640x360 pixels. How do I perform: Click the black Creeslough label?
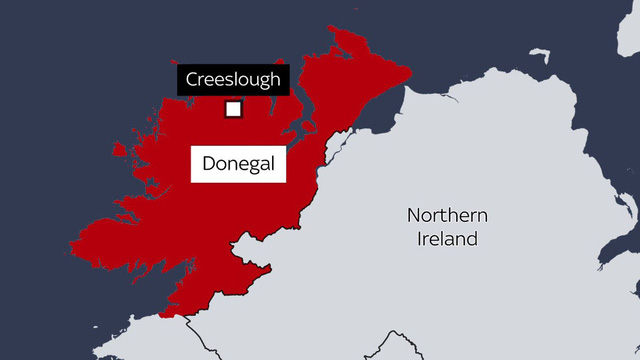pyautogui.click(x=233, y=80)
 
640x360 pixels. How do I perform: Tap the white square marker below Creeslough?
pyautogui.click(x=233, y=109)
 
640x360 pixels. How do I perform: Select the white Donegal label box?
pyautogui.click(x=238, y=163)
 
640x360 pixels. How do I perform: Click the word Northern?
pyautogui.click(x=447, y=216)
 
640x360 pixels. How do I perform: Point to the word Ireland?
pyautogui.click(x=448, y=239)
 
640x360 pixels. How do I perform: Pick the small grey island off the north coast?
pyautogui.click(x=541, y=54)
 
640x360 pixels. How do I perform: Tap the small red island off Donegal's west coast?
pyautogui.click(x=120, y=150)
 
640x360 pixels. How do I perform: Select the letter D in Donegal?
pyautogui.click(x=208, y=163)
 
